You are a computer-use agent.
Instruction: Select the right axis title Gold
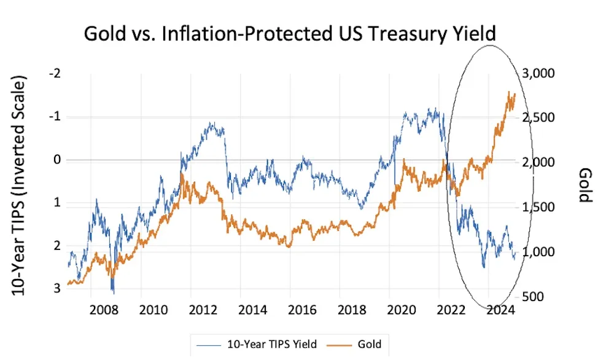click(586, 184)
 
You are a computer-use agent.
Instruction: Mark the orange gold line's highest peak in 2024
click(509, 92)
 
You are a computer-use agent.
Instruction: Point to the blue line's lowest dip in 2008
click(112, 290)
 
